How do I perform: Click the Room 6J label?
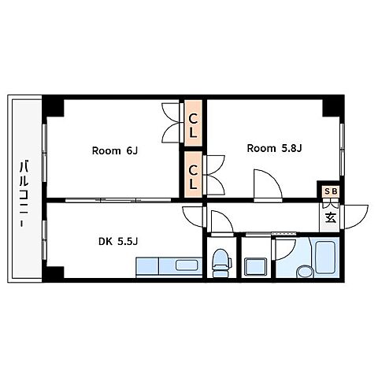[x=115, y=150]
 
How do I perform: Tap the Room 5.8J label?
[x=274, y=148]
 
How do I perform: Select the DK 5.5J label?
[x=118, y=241]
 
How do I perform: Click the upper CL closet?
[x=193, y=123]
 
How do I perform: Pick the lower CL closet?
[x=193, y=174]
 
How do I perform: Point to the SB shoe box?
[x=331, y=191]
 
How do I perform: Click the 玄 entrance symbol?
[x=331, y=217]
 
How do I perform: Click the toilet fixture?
[x=221, y=263]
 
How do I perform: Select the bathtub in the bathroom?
[x=325, y=254]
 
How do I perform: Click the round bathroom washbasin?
[x=305, y=272]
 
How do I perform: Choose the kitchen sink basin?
[x=187, y=265]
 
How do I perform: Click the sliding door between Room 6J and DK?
[x=118, y=200]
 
